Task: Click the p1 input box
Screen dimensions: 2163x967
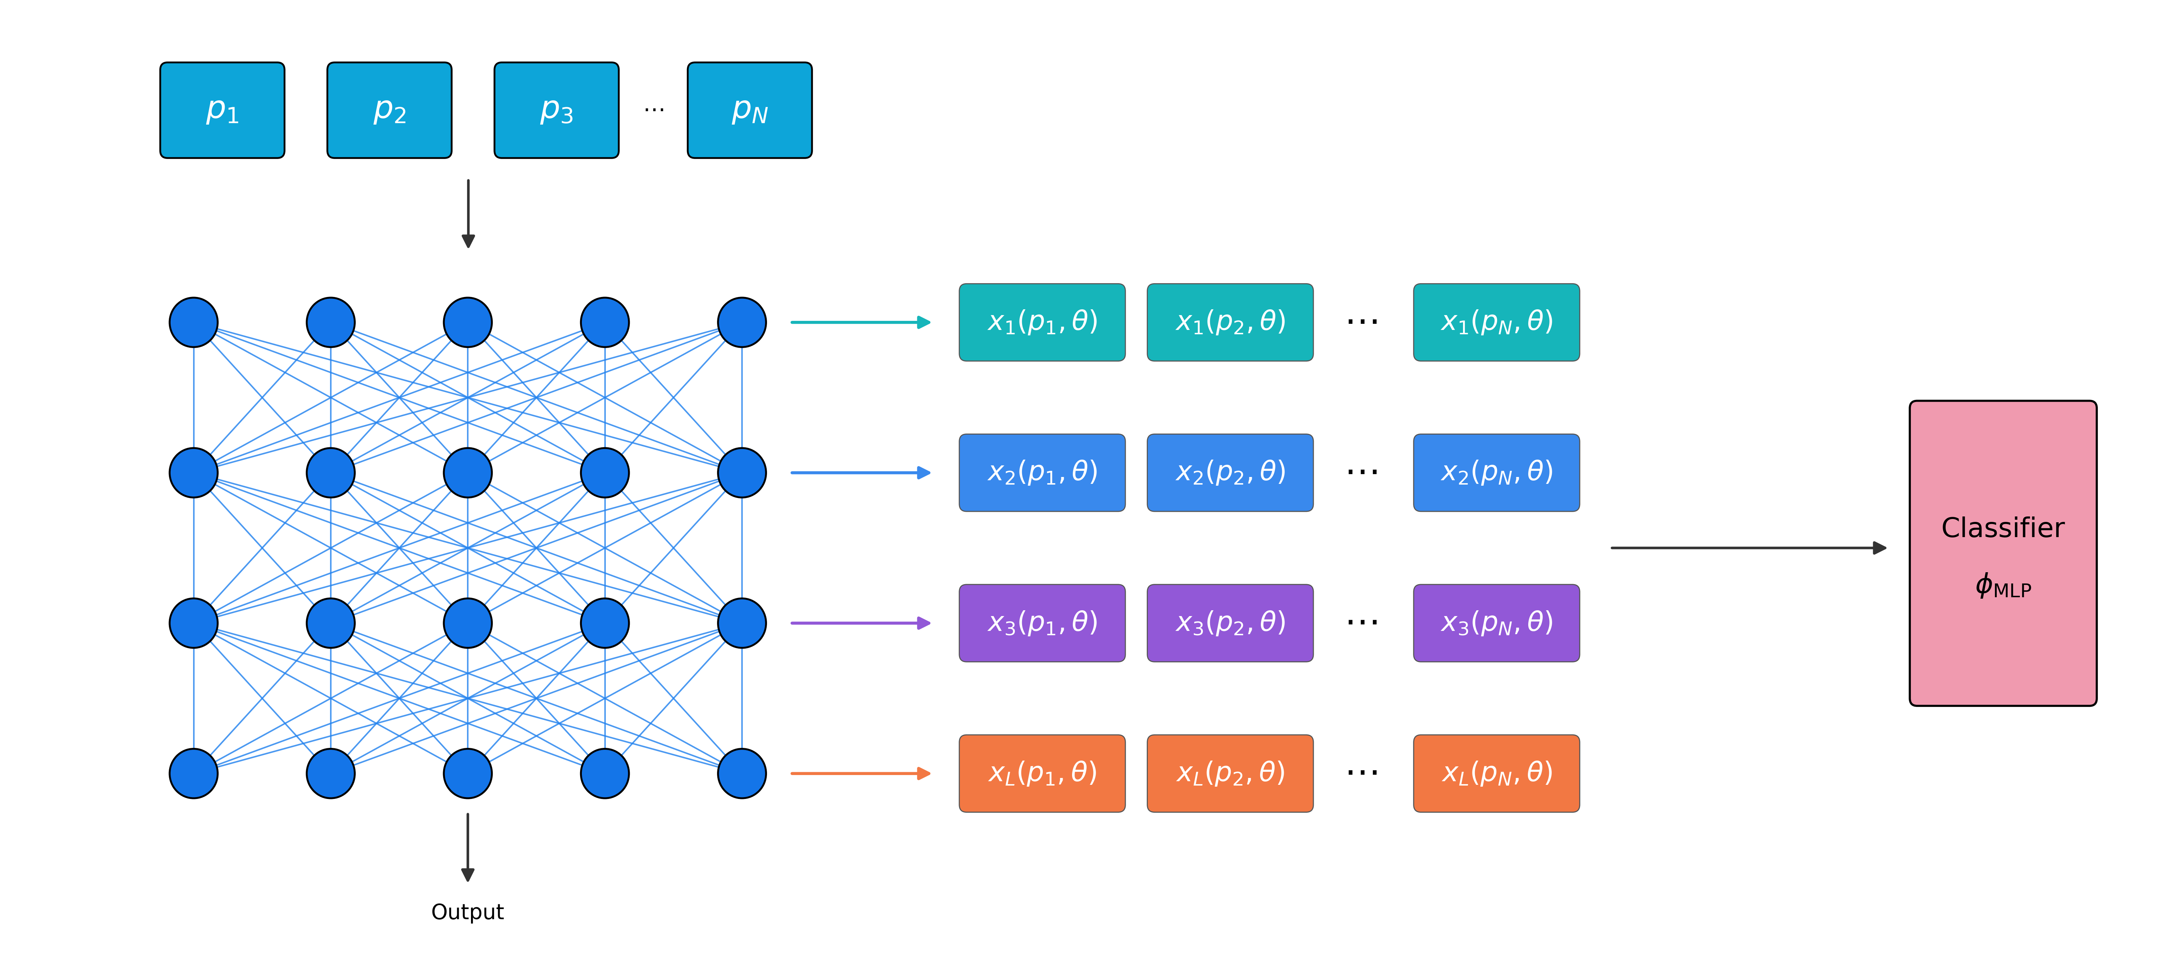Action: click(222, 110)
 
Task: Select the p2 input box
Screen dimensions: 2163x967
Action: click(389, 110)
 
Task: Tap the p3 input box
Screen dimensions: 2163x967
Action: click(557, 110)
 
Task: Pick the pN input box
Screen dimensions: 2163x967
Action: click(750, 110)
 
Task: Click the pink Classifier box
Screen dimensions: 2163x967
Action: click(2002, 553)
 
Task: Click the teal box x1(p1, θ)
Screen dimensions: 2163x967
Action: click(1042, 322)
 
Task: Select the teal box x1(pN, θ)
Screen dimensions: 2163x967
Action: click(1496, 322)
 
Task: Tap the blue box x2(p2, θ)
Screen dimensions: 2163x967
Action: click(1230, 473)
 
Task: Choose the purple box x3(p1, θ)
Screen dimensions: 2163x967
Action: click(1042, 623)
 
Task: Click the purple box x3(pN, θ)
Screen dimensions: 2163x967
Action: click(1496, 623)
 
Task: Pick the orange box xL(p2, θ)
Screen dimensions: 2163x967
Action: click(1230, 773)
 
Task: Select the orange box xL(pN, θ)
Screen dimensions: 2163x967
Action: click(1496, 773)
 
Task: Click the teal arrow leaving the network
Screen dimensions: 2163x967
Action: click(860, 322)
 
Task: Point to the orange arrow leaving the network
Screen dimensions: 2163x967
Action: click(860, 773)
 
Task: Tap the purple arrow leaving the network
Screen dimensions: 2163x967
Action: click(860, 623)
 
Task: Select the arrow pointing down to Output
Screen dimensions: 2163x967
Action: click(468, 847)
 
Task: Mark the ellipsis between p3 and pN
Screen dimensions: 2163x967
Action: click(654, 110)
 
